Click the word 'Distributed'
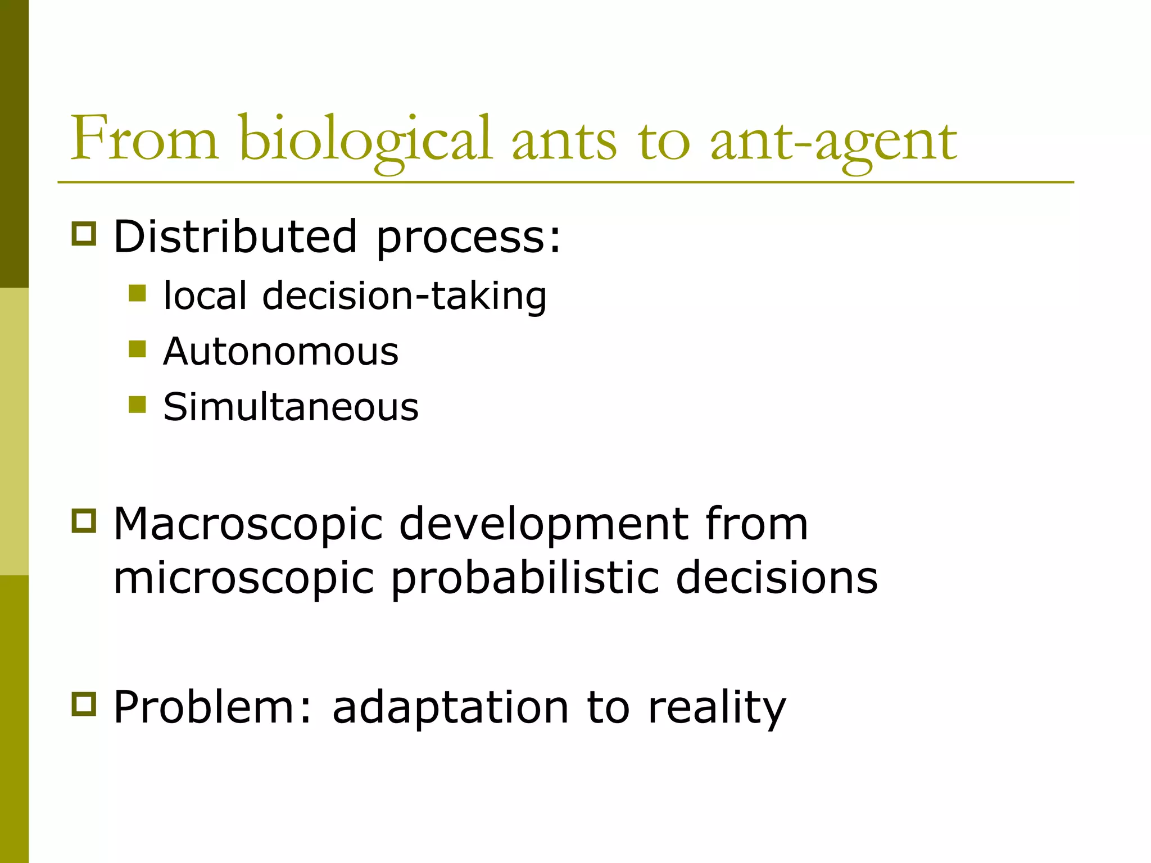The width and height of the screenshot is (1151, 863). (x=235, y=236)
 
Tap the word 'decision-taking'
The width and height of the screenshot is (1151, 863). (x=404, y=296)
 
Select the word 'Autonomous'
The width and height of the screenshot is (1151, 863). (x=280, y=351)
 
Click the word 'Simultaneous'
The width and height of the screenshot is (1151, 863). (x=291, y=406)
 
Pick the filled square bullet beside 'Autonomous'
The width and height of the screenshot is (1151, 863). (x=137, y=349)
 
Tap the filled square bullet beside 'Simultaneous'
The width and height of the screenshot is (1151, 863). (x=137, y=404)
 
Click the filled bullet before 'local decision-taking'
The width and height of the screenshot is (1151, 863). (x=137, y=293)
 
